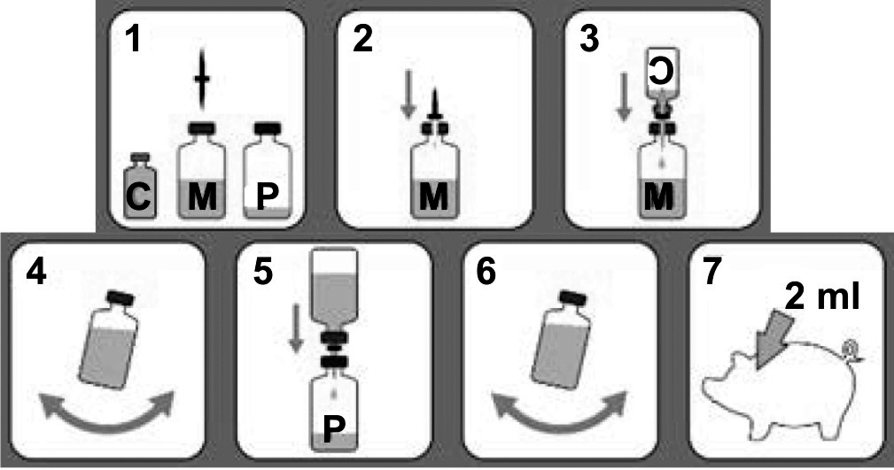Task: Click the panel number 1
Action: coord(135,41)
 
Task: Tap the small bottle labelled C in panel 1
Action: coord(140,185)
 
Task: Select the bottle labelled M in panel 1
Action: coord(202,170)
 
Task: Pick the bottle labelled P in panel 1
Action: coord(268,170)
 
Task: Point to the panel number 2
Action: coord(363,41)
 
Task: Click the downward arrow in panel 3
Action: coord(625,96)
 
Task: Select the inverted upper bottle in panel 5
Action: coord(333,302)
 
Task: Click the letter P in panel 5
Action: coord(333,428)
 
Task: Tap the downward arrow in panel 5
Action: coord(295,328)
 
